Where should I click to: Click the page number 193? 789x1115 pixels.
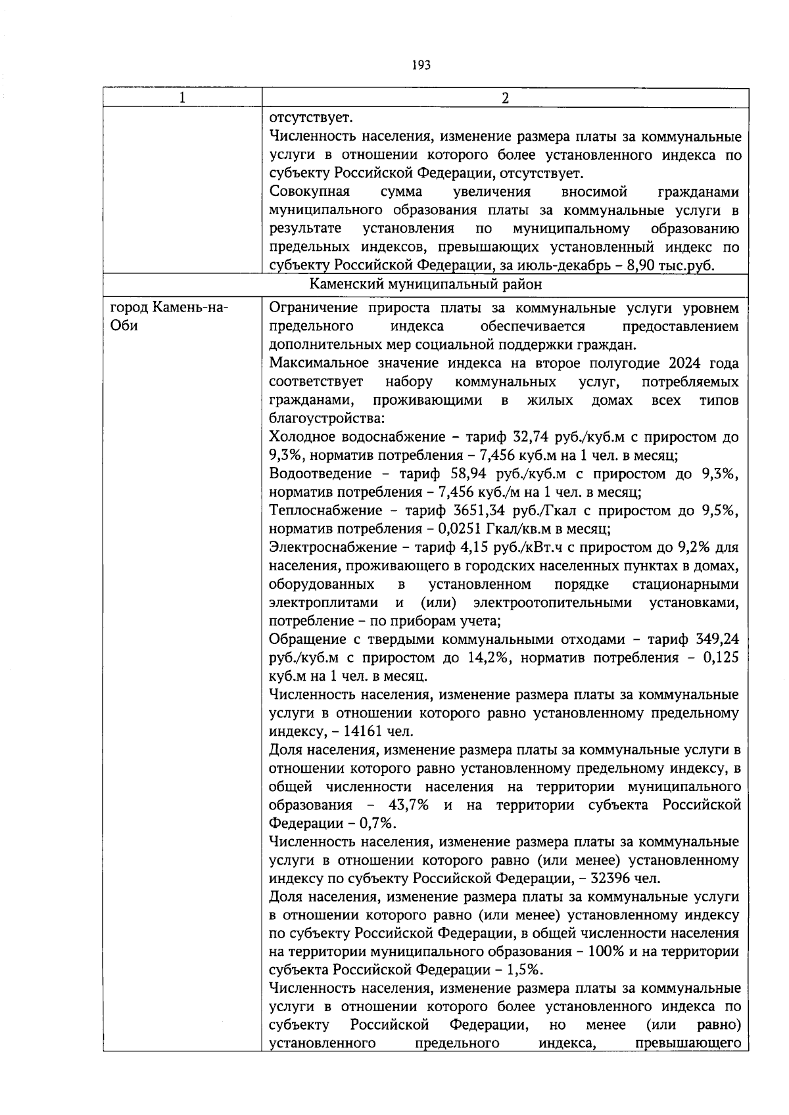[421, 65]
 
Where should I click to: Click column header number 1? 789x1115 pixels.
[182, 98]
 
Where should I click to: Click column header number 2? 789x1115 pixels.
[505, 98]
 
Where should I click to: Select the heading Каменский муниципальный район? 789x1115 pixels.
[426, 285]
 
